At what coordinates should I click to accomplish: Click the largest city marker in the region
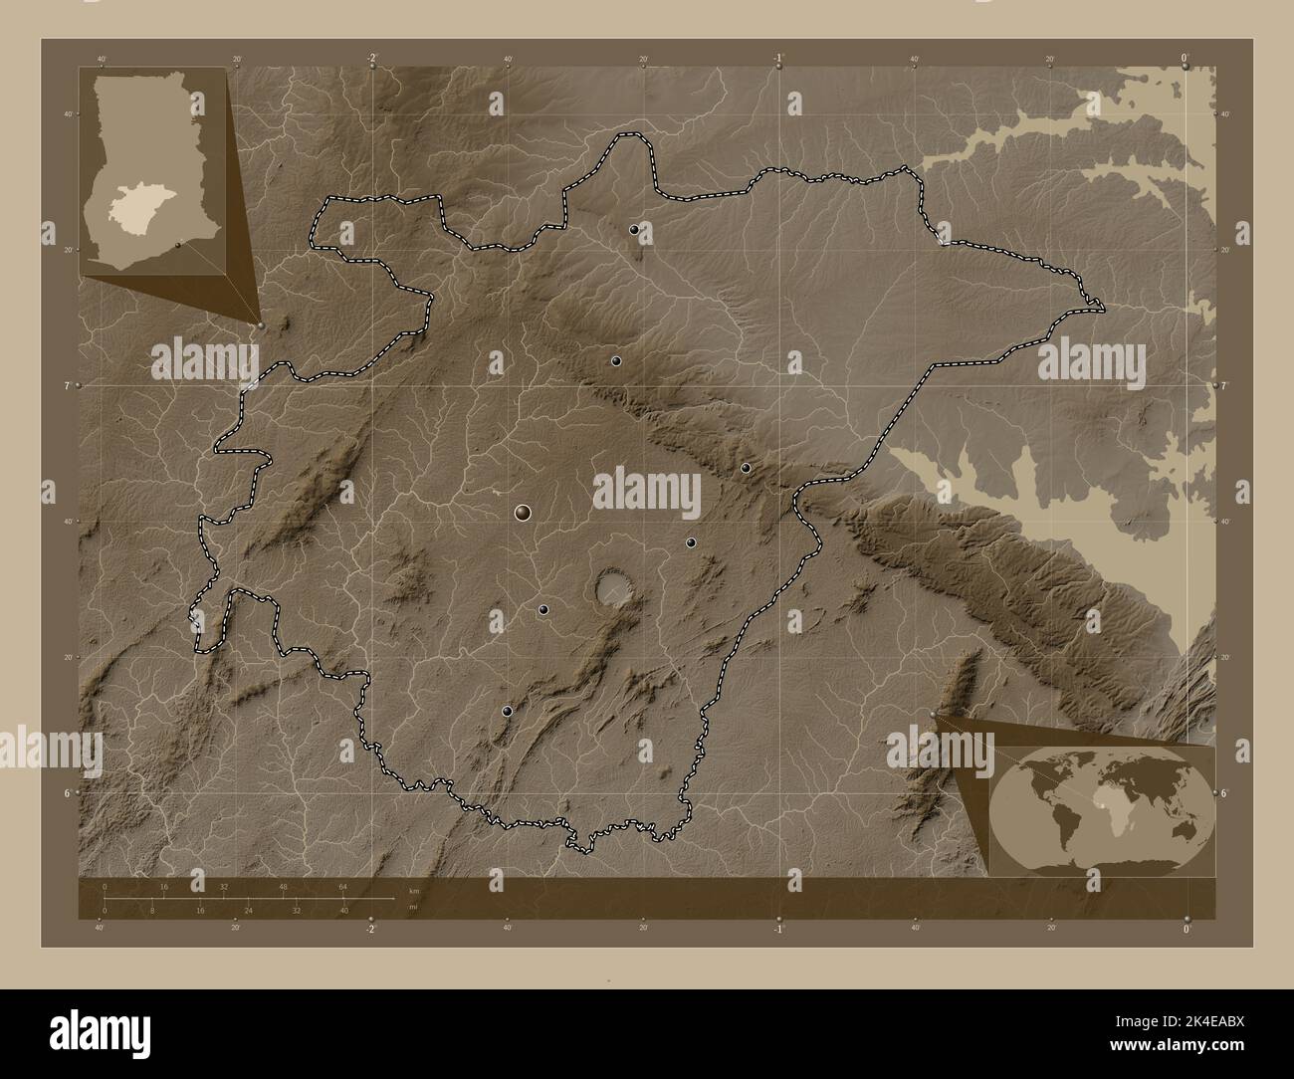(x=524, y=513)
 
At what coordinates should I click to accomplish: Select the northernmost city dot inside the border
(x=634, y=229)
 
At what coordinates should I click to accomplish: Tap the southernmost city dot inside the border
(x=508, y=711)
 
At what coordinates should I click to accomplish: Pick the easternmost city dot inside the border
(x=746, y=468)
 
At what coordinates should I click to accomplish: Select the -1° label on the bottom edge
(x=777, y=930)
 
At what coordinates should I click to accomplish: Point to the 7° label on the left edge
(x=64, y=384)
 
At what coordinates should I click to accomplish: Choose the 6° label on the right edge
(x=1224, y=792)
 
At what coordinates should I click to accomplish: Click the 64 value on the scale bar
(x=342, y=886)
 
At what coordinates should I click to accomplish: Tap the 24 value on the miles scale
(x=247, y=910)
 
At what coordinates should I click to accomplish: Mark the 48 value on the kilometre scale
(x=284, y=886)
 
